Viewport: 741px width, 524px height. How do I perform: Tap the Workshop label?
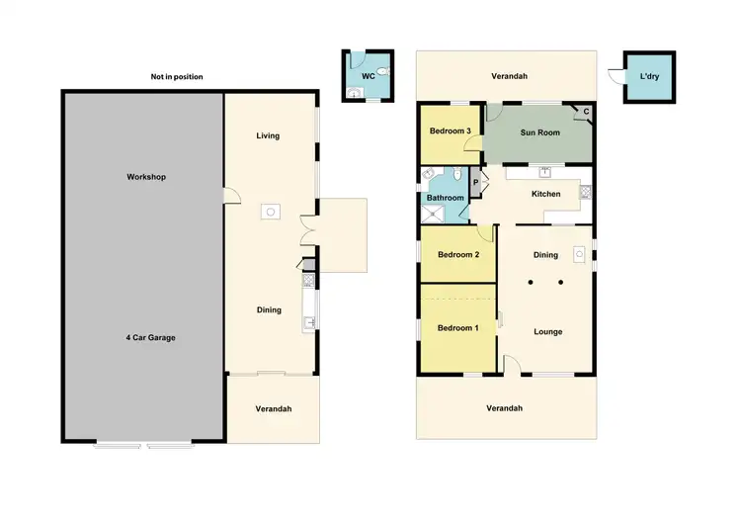[x=145, y=177]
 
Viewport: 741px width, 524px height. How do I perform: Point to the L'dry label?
[x=649, y=76]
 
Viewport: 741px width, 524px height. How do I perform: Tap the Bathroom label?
[x=446, y=198]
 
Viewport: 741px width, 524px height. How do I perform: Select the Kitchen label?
[x=545, y=194]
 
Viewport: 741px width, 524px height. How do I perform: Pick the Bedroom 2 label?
[x=458, y=254]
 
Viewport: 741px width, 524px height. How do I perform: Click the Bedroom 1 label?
[x=457, y=327]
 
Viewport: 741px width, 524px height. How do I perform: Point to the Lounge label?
[x=547, y=331]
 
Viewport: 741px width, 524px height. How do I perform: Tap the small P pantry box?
[x=474, y=182]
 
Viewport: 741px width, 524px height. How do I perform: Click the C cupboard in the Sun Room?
[x=586, y=112]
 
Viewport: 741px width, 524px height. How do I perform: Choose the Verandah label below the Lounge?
[x=504, y=408]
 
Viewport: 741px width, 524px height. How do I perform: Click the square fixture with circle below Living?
[x=269, y=211]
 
